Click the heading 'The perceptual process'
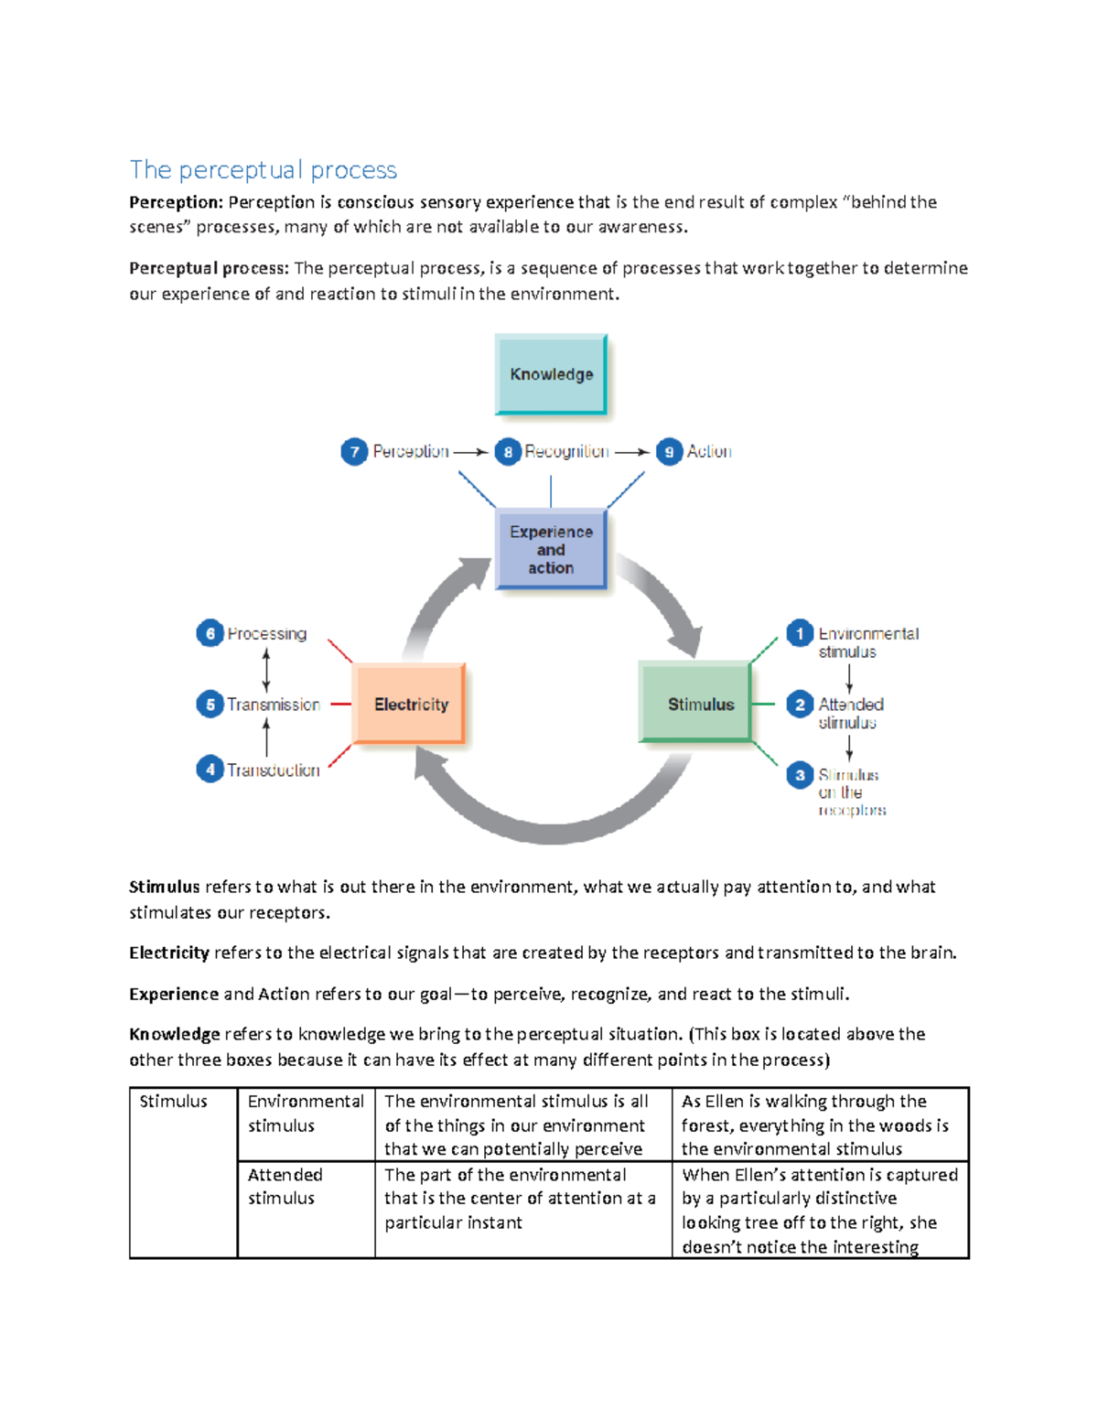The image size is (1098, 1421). [263, 170]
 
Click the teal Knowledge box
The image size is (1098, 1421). [551, 374]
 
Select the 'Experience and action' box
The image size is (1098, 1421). [551, 549]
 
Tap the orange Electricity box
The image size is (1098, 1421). [410, 704]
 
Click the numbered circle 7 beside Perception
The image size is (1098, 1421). [354, 452]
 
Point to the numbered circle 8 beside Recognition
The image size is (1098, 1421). [508, 452]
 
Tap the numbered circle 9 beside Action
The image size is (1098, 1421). [669, 452]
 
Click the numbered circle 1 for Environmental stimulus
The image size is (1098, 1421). [800, 633]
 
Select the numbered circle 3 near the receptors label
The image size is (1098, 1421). [800, 775]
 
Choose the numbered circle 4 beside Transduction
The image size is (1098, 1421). [210, 770]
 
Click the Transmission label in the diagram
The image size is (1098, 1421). [273, 705]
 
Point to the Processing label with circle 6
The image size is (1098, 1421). [266, 633]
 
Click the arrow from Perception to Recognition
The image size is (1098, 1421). [470, 452]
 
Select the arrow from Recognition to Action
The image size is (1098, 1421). [631, 452]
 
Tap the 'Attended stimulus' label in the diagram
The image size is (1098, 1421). [850, 713]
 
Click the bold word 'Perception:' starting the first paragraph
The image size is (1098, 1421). [176, 202]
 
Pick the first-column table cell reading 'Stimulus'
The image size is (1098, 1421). [174, 1102]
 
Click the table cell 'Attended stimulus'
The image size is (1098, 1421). [285, 1186]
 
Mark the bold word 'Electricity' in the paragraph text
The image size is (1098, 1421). [169, 953]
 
